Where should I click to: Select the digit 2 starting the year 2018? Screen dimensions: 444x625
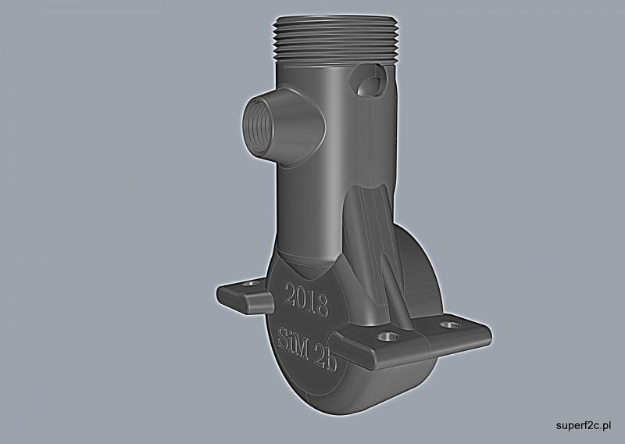(291, 296)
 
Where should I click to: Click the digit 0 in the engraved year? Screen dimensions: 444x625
(302, 299)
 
